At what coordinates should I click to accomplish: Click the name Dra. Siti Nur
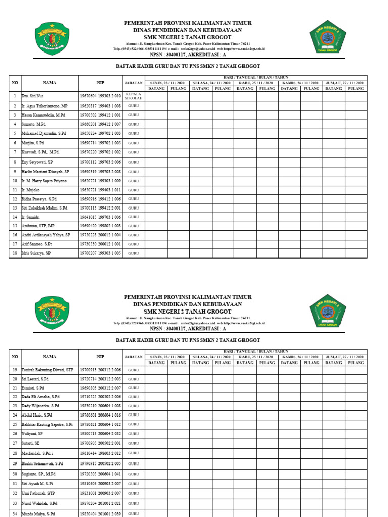(32, 96)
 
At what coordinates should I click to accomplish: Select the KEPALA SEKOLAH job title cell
(133, 96)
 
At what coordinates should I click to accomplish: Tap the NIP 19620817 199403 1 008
(100, 106)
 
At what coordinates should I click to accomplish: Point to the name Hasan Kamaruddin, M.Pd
(42, 115)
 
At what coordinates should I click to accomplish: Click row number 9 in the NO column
(15, 172)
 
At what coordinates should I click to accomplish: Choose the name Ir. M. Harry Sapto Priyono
(44, 181)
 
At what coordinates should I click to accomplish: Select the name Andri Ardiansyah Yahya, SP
(45, 235)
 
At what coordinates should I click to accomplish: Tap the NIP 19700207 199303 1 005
(100, 253)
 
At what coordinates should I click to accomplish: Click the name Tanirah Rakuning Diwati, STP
(47, 370)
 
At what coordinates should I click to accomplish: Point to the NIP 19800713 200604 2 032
(100, 433)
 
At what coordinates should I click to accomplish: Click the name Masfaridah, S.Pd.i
(40, 453)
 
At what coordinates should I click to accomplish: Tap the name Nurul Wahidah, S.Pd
(41, 504)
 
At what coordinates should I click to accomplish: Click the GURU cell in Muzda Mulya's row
(133, 513)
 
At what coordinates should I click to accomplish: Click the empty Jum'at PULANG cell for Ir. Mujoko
(356, 190)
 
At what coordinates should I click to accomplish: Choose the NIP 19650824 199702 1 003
(100, 133)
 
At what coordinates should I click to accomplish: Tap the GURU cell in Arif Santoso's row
(133, 244)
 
